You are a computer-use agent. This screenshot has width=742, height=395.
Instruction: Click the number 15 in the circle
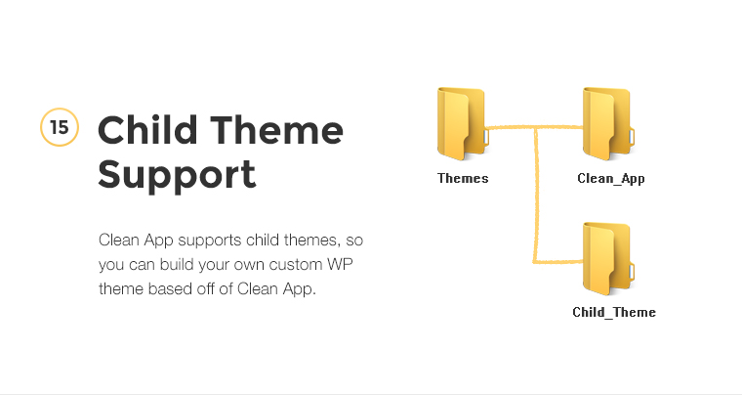[x=60, y=127]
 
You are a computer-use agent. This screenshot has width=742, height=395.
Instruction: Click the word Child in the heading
[x=147, y=129]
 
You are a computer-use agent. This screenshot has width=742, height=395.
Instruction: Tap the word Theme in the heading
[x=277, y=130]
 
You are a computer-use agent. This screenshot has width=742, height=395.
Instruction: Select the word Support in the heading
[x=177, y=175]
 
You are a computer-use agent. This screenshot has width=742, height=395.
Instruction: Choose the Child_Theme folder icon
[x=608, y=259]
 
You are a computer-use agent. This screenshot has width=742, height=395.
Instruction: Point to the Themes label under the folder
[x=463, y=178]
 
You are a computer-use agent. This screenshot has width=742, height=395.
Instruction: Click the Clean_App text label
[x=611, y=179]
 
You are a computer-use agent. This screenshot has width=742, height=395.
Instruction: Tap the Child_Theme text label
[x=614, y=312]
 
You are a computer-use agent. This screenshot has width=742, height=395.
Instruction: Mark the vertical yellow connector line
[x=536, y=195]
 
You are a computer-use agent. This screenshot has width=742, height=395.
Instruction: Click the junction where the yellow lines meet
[x=536, y=128]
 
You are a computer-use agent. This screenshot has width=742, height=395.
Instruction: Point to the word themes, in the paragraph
[x=311, y=241]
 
